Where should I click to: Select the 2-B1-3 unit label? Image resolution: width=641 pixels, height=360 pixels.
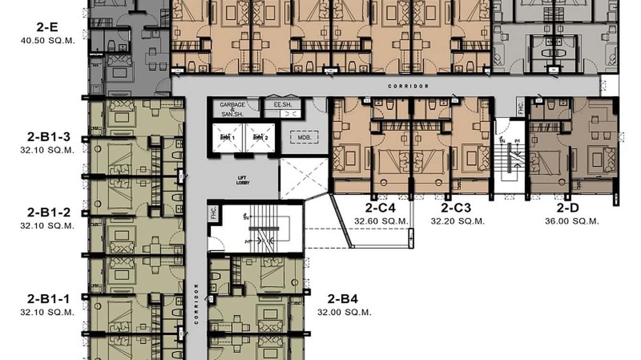click(48, 138)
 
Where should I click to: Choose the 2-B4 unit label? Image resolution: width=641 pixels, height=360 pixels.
click(342, 299)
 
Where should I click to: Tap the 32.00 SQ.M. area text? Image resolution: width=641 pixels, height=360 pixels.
click(344, 313)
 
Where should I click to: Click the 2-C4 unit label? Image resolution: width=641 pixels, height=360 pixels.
click(381, 208)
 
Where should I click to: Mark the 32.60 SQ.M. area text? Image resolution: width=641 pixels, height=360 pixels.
click(381, 221)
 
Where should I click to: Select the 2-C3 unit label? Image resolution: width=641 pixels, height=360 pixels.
click(456, 208)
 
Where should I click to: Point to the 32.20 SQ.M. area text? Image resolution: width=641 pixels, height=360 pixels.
click(458, 221)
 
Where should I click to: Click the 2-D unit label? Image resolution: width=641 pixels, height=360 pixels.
click(568, 208)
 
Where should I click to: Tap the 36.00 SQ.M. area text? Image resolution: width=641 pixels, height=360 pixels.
click(572, 221)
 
